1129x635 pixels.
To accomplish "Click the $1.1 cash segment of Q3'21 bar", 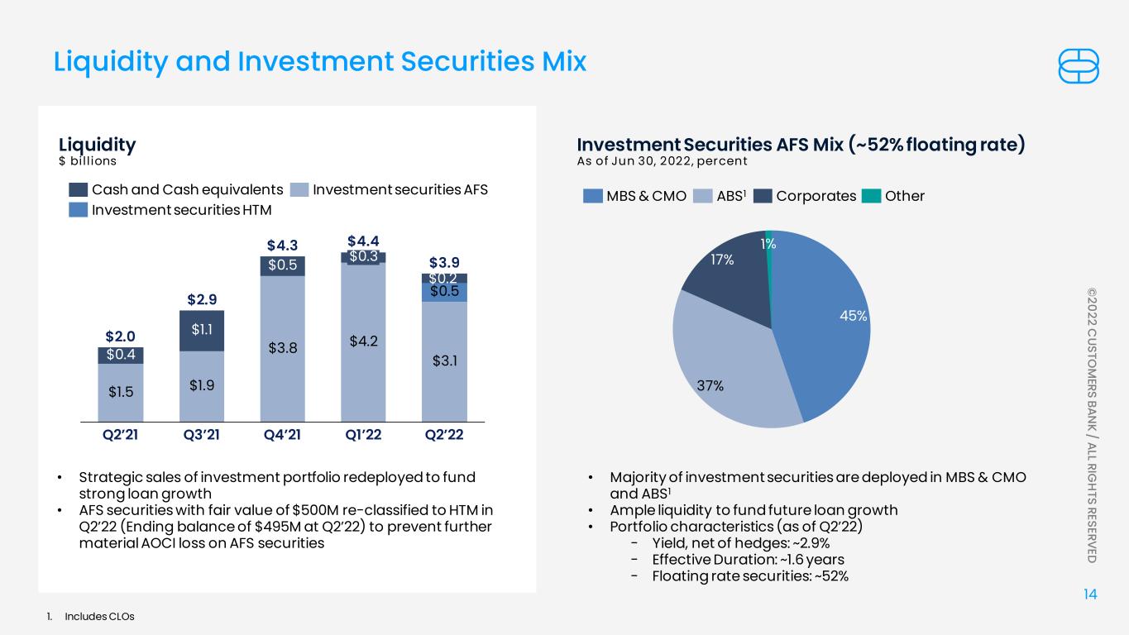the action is click(202, 331).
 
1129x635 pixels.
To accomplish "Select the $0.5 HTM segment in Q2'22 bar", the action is click(444, 293).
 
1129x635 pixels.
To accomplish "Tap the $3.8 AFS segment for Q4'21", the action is click(282, 349).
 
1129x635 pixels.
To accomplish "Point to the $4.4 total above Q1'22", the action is click(363, 241).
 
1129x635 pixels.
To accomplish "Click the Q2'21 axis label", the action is click(120, 434).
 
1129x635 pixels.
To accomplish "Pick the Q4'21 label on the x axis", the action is click(282, 434).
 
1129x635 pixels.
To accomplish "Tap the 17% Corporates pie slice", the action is click(731, 282).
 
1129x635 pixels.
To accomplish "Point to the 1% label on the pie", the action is click(768, 244).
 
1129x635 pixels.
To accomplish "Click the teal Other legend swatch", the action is click(871, 196).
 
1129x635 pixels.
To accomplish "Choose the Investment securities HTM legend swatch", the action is click(78, 210).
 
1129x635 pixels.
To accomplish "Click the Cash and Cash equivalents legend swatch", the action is click(78, 190).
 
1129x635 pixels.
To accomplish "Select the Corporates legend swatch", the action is click(763, 196).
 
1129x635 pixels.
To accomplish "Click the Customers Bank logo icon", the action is click(1078, 66).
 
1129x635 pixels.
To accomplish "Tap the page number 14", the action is click(1090, 594).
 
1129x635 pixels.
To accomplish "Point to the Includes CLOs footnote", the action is click(99, 616).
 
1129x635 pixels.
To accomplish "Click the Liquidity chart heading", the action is click(98, 146).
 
